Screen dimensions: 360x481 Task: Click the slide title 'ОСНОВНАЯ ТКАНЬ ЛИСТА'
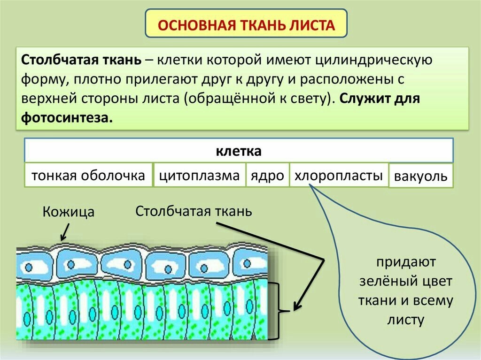coord(246,23)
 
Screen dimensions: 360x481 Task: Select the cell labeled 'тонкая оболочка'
coord(88,176)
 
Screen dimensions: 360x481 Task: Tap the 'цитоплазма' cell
coord(200,176)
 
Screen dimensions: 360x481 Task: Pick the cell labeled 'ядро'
coord(267,176)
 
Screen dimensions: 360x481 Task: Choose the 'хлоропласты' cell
coord(339,176)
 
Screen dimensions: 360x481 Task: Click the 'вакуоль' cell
coord(421,177)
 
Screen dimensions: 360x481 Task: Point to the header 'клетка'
coord(238,152)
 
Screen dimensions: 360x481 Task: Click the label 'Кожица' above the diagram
coord(69,212)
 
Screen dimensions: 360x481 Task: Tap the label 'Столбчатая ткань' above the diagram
coord(194,211)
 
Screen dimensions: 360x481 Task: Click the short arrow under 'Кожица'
coord(65,232)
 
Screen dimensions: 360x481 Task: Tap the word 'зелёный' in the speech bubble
coord(381,282)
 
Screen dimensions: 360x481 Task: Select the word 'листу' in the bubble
coord(406,320)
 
